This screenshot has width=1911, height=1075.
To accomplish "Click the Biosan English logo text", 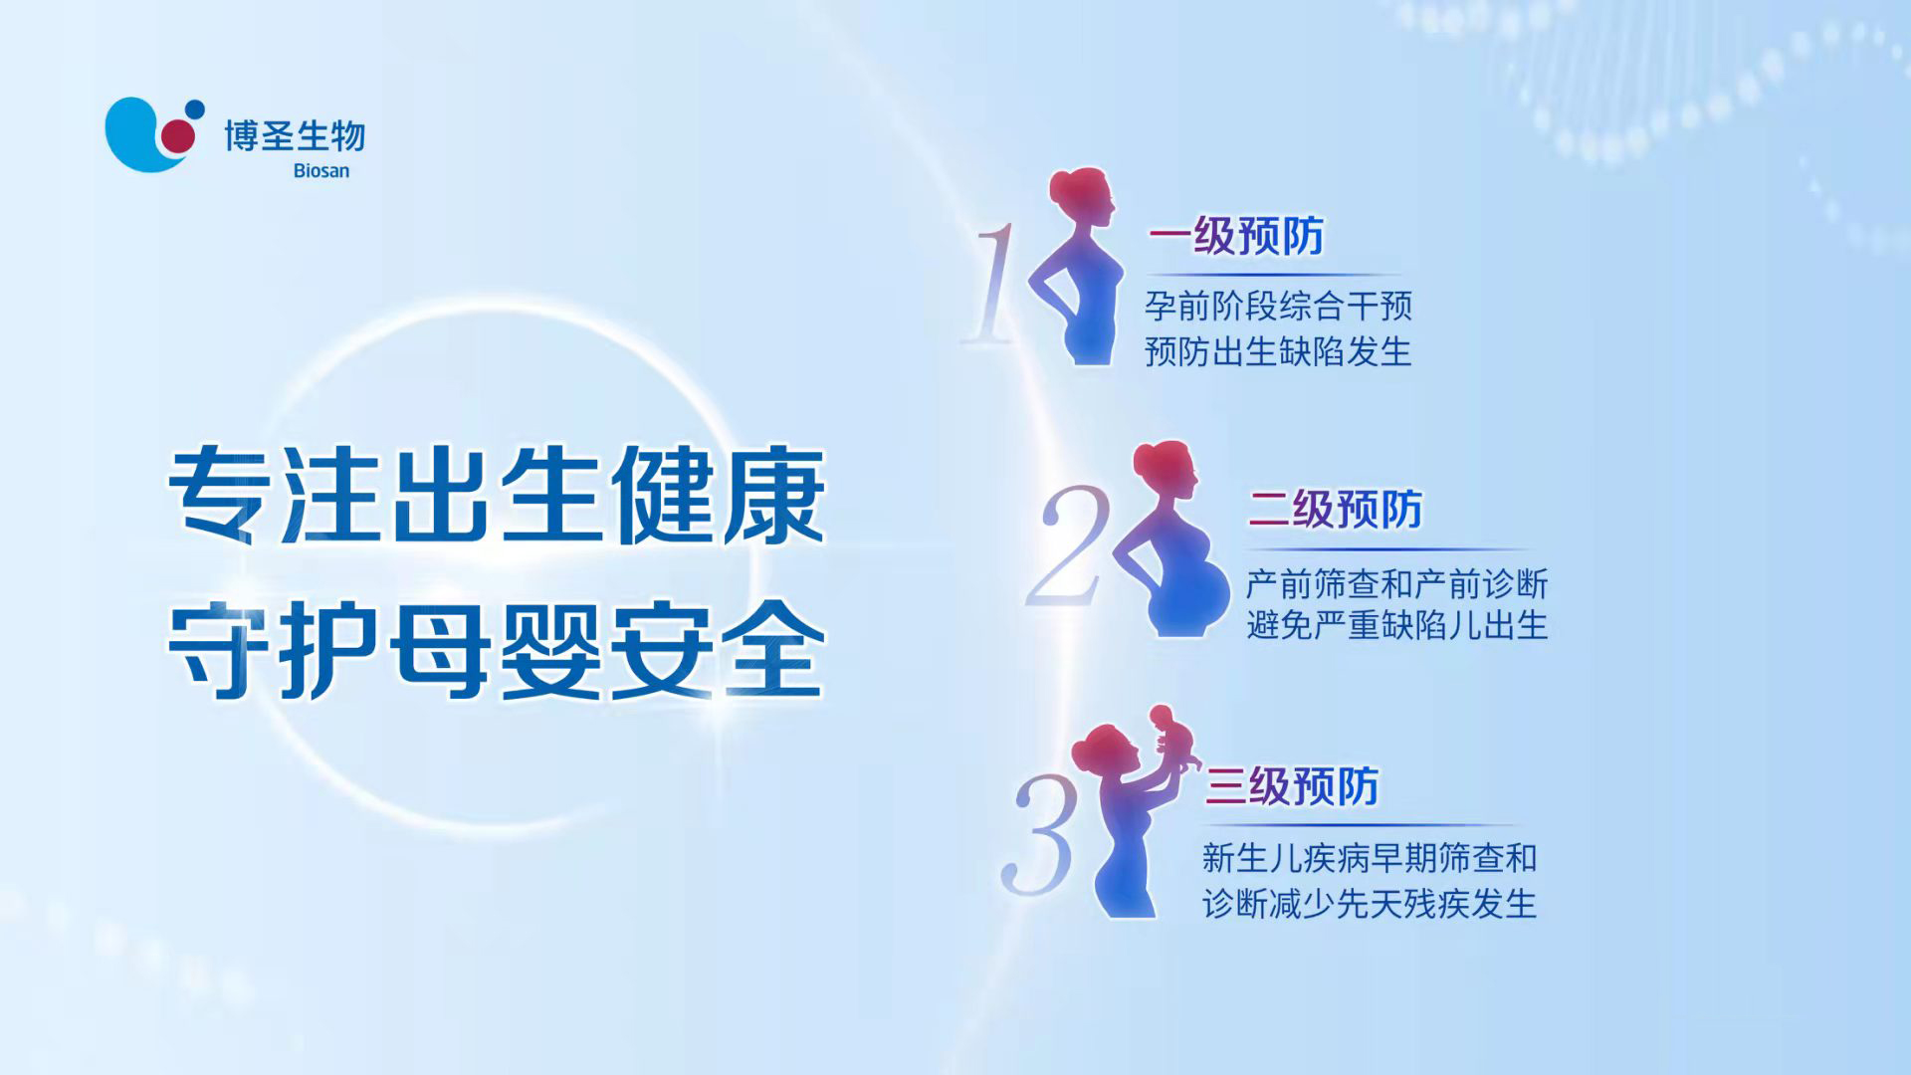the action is point(321,171).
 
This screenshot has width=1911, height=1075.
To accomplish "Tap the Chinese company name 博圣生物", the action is point(295,136).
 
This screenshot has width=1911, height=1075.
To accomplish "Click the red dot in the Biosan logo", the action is point(178,136).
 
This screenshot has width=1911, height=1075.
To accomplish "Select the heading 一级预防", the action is point(1236,237).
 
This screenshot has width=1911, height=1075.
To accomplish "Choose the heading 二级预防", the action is point(1336,510).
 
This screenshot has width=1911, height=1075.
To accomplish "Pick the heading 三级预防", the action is point(1292,786).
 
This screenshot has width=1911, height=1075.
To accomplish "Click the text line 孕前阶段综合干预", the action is point(1278,306).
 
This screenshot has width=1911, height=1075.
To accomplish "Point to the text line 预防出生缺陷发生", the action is point(1278,351).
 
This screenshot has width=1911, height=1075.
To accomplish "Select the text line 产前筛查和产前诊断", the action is point(1397,583).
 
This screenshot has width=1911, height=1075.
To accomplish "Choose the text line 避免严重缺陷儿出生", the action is point(1397,625).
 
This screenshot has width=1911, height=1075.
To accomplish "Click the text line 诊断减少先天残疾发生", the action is point(1370,903).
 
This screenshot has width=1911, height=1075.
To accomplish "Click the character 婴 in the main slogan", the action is point(550,650).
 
